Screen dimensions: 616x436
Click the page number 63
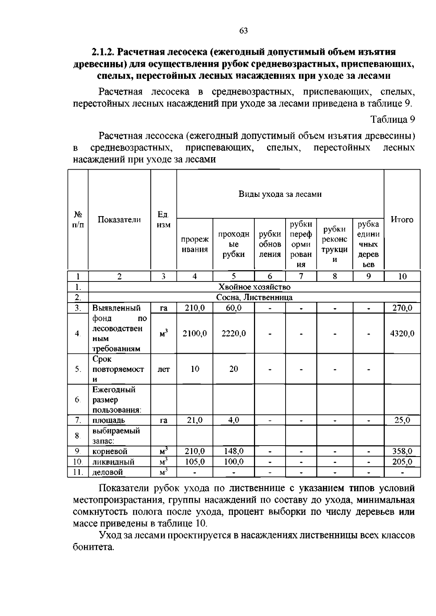[x=243, y=31]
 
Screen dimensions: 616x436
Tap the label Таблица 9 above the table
[x=392, y=119]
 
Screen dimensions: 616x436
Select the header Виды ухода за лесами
[x=280, y=194]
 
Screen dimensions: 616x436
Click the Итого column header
[x=402, y=219]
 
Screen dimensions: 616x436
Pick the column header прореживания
[x=195, y=244]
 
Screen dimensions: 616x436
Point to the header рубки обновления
[x=270, y=244]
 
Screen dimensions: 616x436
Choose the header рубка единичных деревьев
[x=368, y=244]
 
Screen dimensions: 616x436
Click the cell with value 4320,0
[x=402, y=333]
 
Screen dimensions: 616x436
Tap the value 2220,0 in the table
[x=234, y=333]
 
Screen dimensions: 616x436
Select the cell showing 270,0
[x=402, y=308]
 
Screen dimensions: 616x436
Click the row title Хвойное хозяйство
[x=254, y=287]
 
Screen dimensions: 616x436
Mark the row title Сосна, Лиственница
[x=254, y=297]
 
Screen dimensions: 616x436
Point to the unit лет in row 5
[x=163, y=369]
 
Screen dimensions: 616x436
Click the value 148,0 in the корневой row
[x=234, y=451]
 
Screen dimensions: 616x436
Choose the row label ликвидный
[x=113, y=462]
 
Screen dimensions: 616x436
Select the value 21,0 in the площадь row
[x=195, y=420]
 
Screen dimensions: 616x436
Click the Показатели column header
[x=119, y=219]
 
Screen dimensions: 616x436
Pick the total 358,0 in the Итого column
[x=402, y=451]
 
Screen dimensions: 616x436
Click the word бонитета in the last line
[x=93, y=547]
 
